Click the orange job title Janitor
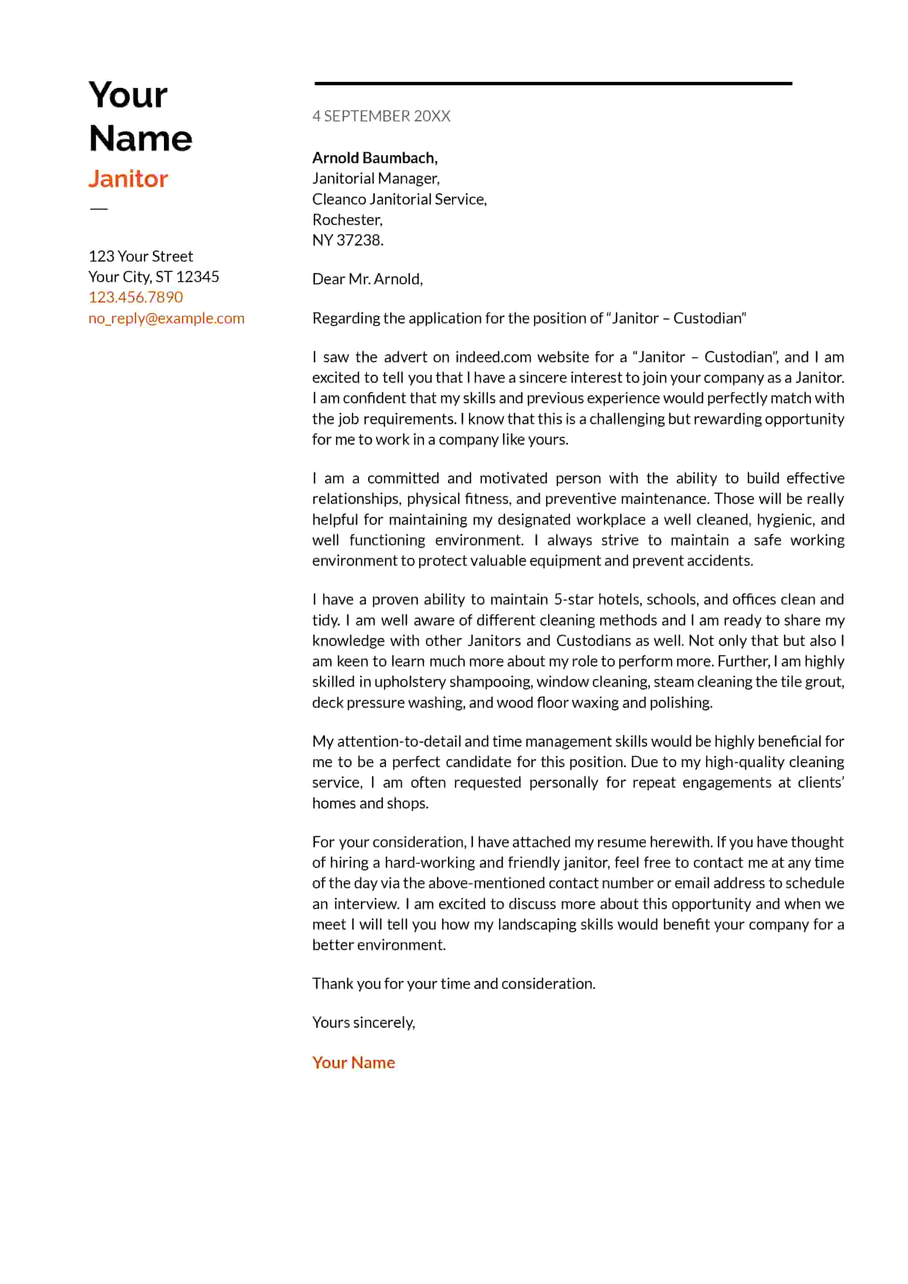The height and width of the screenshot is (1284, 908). point(128,179)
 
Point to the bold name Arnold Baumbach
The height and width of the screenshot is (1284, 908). point(375,158)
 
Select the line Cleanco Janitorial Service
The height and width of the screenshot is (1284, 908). point(399,199)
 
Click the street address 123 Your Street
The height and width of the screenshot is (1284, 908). point(141,256)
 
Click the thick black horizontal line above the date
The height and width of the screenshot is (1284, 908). point(553,83)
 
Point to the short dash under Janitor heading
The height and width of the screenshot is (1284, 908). point(98,209)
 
